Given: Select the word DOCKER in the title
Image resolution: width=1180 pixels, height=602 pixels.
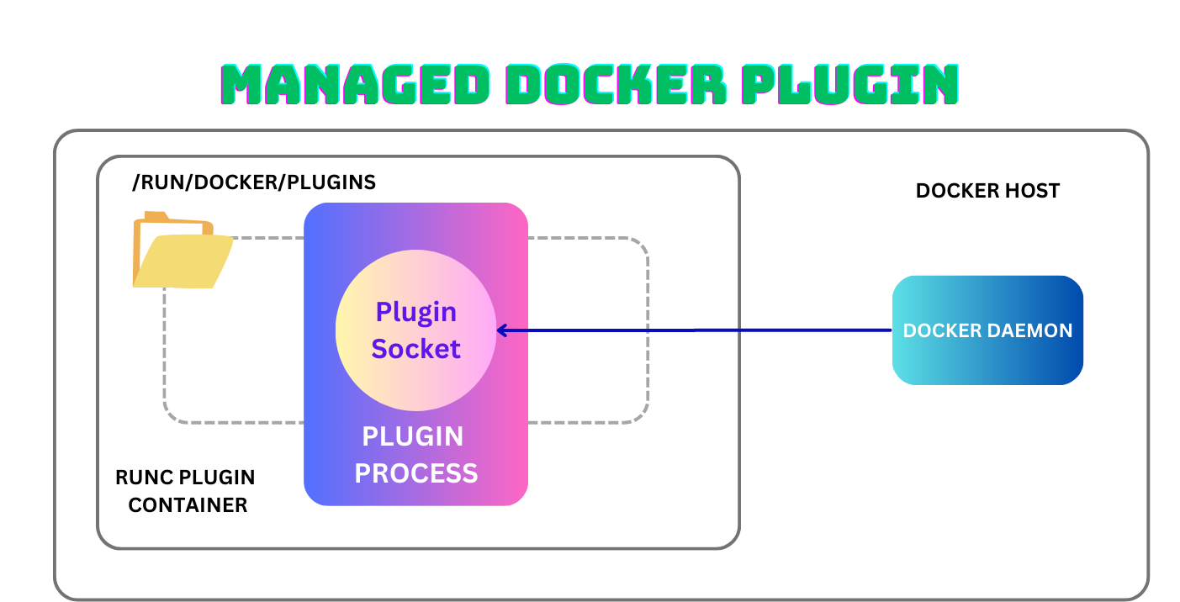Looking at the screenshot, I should tap(620, 84).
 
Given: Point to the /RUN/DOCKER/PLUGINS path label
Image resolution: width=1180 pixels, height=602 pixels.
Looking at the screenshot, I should tap(254, 182).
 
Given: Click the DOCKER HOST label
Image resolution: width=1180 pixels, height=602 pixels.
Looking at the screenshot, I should tap(987, 191).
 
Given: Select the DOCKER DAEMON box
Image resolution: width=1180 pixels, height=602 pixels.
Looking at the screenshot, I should tap(987, 330).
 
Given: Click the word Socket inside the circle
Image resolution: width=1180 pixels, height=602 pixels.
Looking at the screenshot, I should tap(415, 348).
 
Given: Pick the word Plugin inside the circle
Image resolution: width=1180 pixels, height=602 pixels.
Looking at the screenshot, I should tap(415, 311).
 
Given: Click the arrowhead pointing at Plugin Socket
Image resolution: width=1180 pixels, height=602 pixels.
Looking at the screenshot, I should tap(502, 330).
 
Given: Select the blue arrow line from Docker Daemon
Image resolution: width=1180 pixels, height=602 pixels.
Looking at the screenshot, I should tap(698, 330).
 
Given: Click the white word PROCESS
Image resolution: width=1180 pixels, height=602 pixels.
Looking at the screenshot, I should tap(415, 473).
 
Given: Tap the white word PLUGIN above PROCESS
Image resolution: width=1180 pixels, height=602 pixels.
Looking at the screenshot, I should tap(412, 436).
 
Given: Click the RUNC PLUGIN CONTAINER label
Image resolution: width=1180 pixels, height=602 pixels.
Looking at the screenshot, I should tap(185, 491).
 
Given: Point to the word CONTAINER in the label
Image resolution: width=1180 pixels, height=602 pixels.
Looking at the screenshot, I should tap(188, 505).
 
